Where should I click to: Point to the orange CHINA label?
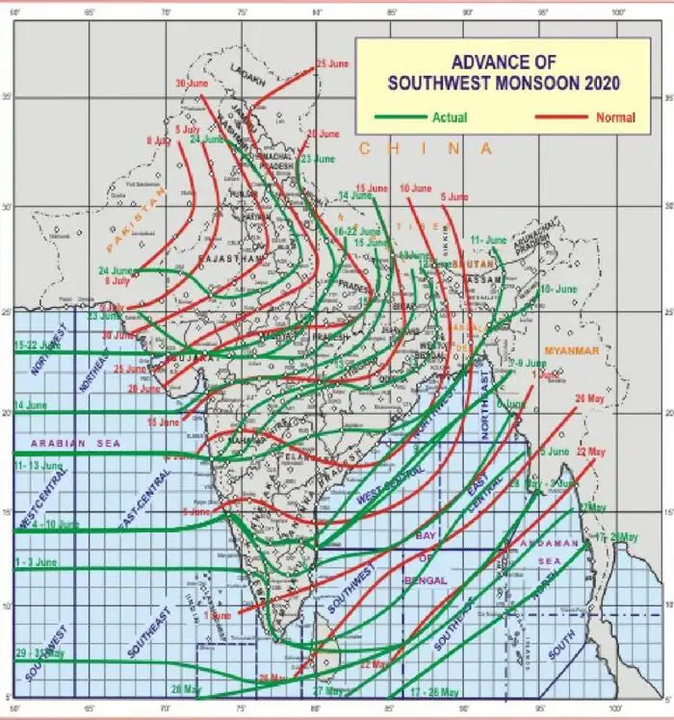click(425, 148)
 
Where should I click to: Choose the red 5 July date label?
click(189, 129)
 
